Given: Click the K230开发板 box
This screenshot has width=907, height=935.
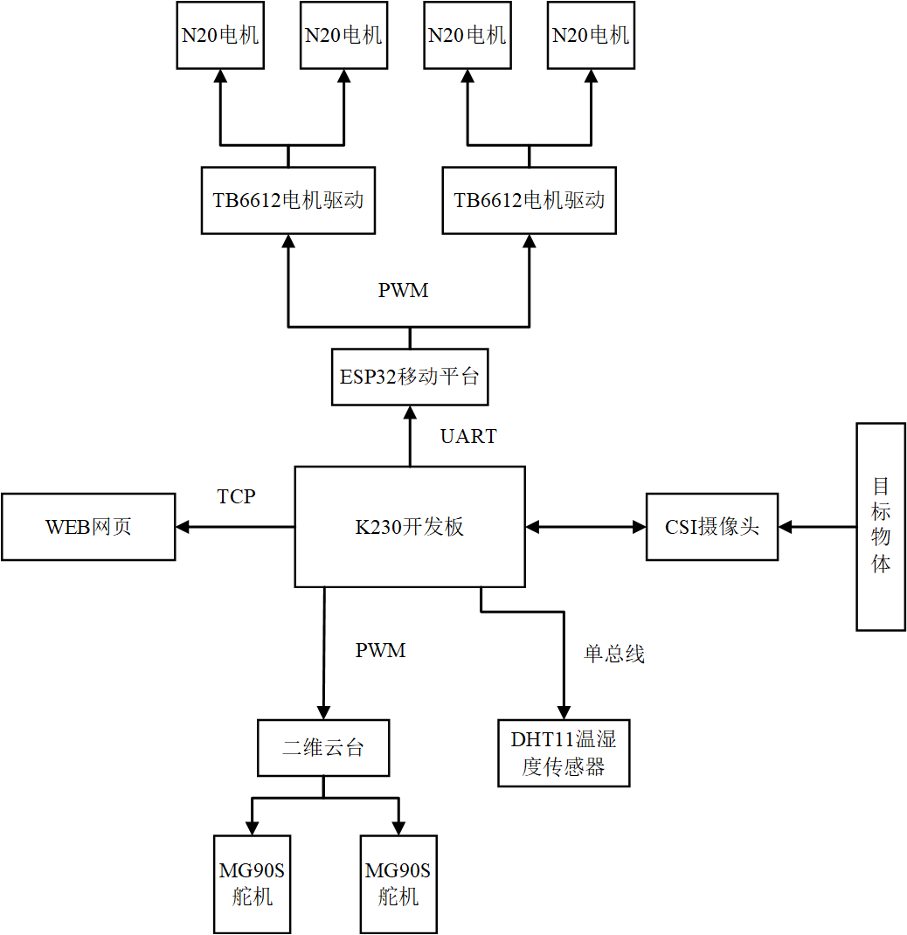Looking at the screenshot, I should [409, 527].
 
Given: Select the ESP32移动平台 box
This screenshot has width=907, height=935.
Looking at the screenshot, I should [410, 377].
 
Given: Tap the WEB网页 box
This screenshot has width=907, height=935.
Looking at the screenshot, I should [88, 527].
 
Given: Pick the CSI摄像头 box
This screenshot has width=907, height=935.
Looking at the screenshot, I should [712, 527].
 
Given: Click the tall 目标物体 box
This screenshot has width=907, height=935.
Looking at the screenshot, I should [881, 526].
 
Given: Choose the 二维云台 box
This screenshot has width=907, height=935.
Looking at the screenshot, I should [323, 748].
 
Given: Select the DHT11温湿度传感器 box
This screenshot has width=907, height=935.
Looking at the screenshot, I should [564, 753].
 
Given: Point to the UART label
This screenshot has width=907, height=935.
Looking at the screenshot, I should [468, 436].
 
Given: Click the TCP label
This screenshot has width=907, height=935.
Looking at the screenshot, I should [236, 496].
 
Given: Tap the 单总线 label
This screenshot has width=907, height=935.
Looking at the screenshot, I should [614, 654].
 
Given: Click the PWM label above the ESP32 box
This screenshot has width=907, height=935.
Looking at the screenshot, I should [404, 291].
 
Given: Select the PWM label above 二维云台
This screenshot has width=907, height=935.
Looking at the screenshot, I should [380, 650].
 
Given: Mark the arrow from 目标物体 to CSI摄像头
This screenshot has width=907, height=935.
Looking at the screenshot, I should [817, 527].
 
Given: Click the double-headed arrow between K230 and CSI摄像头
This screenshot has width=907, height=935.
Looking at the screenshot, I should [585, 527].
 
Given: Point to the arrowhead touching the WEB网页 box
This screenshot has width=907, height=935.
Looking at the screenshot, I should [183, 527].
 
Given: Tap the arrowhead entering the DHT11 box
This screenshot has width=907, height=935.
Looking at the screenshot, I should [564, 712].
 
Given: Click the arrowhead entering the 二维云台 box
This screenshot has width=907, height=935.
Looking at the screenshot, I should [323, 712].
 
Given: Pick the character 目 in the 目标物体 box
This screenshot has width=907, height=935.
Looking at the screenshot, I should [881, 486].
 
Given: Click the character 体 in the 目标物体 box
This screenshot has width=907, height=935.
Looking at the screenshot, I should [881, 564].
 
